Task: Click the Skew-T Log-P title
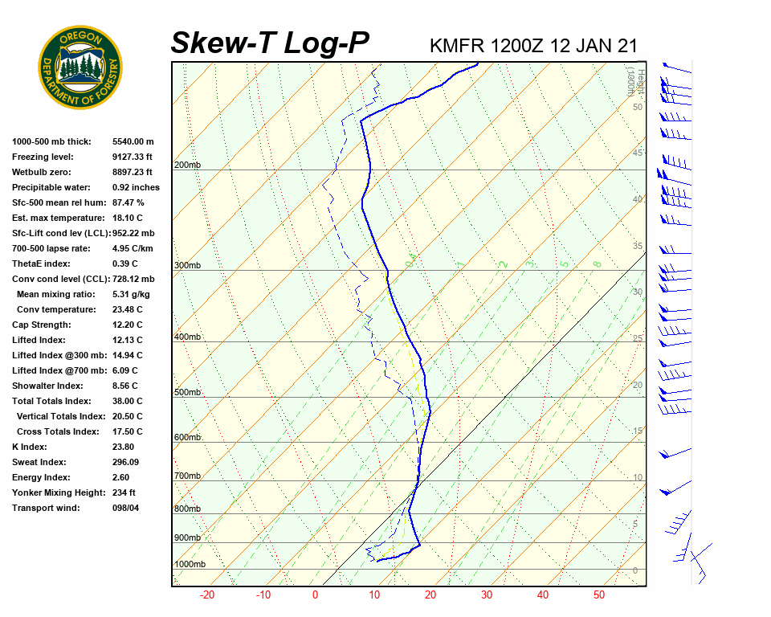pyautogui.click(x=271, y=43)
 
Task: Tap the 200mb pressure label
pyautogui.click(x=187, y=165)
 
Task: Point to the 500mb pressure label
pyautogui.click(x=187, y=392)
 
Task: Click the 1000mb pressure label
pyautogui.click(x=190, y=564)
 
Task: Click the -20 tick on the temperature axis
pyautogui.click(x=207, y=595)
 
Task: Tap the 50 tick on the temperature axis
pyautogui.click(x=599, y=595)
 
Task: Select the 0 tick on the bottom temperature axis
pyautogui.click(x=315, y=595)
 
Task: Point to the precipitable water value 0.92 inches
pyautogui.click(x=136, y=187)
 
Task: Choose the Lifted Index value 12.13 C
pyautogui.click(x=127, y=340)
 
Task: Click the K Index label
pyautogui.click(x=30, y=447)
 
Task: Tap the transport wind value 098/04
pyautogui.click(x=126, y=508)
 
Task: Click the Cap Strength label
pyautogui.click(x=41, y=325)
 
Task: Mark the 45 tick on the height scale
pyautogui.click(x=638, y=153)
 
